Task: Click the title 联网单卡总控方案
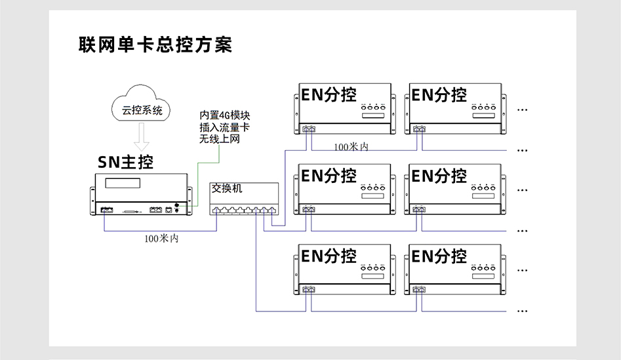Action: point(155,45)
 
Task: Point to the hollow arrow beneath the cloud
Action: point(142,138)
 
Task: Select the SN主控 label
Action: point(125,162)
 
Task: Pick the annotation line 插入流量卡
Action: point(225,127)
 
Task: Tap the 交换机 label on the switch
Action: point(226,188)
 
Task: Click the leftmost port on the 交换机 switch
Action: point(217,210)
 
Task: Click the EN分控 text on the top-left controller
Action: point(329,94)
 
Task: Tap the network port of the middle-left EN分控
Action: point(308,210)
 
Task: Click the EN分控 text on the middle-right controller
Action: point(439,176)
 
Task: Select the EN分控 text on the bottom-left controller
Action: point(329,256)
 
